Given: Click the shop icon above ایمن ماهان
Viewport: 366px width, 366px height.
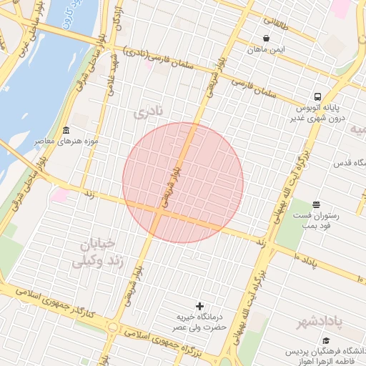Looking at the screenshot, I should [267, 39].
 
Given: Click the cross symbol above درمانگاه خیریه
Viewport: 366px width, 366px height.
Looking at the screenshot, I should [199, 306].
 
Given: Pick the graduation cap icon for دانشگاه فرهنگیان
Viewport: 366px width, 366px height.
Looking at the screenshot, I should [327, 341].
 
